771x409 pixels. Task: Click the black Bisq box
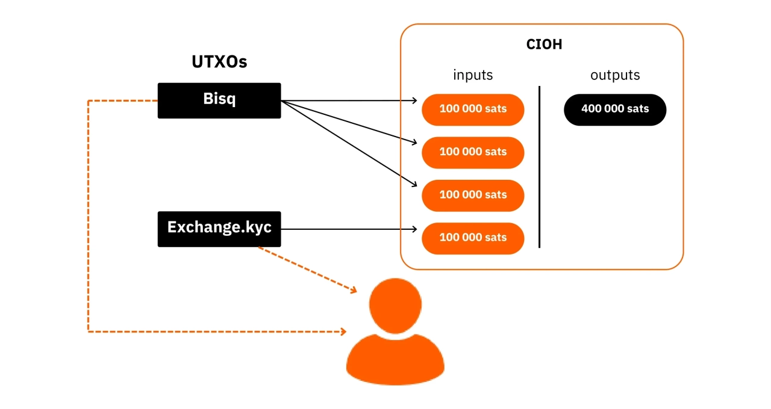(x=219, y=100)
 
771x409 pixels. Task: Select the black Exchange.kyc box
(x=219, y=229)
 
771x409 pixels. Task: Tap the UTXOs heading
(x=219, y=62)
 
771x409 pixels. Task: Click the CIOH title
(x=544, y=45)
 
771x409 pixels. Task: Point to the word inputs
(x=473, y=75)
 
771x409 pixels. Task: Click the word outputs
(x=615, y=75)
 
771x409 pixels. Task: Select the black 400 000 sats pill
(x=615, y=109)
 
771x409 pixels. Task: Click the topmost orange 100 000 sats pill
(x=473, y=109)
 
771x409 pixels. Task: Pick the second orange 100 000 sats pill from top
(x=473, y=152)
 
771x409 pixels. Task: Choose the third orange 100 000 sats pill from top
(x=473, y=195)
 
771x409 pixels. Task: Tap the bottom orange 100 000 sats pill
(x=473, y=238)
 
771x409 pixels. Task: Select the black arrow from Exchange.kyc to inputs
(x=349, y=229)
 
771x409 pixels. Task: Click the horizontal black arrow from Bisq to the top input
(x=349, y=100)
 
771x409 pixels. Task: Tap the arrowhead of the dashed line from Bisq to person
(x=343, y=331)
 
